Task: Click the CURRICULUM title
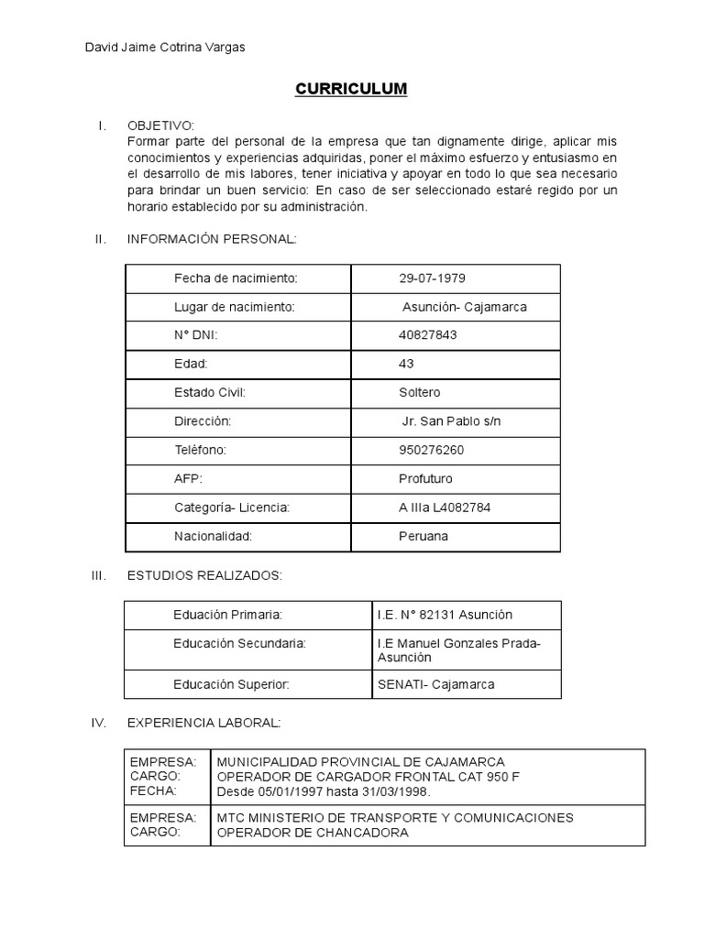tap(350, 89)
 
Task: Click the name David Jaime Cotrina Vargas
tap(164, 47)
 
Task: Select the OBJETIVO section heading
tap(160, 125)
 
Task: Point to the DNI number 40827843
tap(427, 335)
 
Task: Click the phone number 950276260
tap(431, 450)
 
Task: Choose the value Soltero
tap(420, 392)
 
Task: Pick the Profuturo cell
tap(425, 478)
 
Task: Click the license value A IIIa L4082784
tap(448, 507)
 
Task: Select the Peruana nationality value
tap(423, 536)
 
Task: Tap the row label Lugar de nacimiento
tap(234, 307)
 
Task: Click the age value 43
tap(406, 364)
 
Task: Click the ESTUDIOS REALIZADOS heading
tap(205, 575)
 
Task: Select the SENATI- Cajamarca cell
tap(435, 684)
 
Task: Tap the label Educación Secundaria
tap(239, 644)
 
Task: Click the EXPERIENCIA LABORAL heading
tap(203, 723)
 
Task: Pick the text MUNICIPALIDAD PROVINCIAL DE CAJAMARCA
tap(360, 762)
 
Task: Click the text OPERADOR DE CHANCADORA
tap(313, 833)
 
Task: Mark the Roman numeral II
tap(101, 239)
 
